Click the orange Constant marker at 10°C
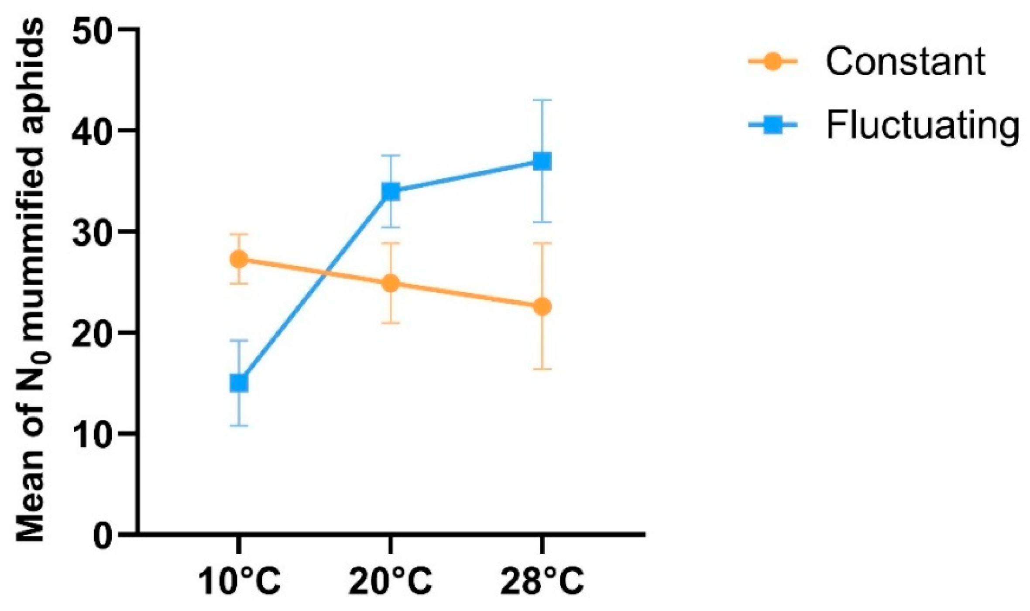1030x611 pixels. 239,260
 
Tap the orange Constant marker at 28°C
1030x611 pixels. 542,307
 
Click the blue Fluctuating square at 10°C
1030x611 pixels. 239,383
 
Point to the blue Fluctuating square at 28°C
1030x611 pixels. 542,161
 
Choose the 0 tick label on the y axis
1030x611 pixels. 103,535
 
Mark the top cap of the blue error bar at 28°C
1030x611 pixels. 542,100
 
